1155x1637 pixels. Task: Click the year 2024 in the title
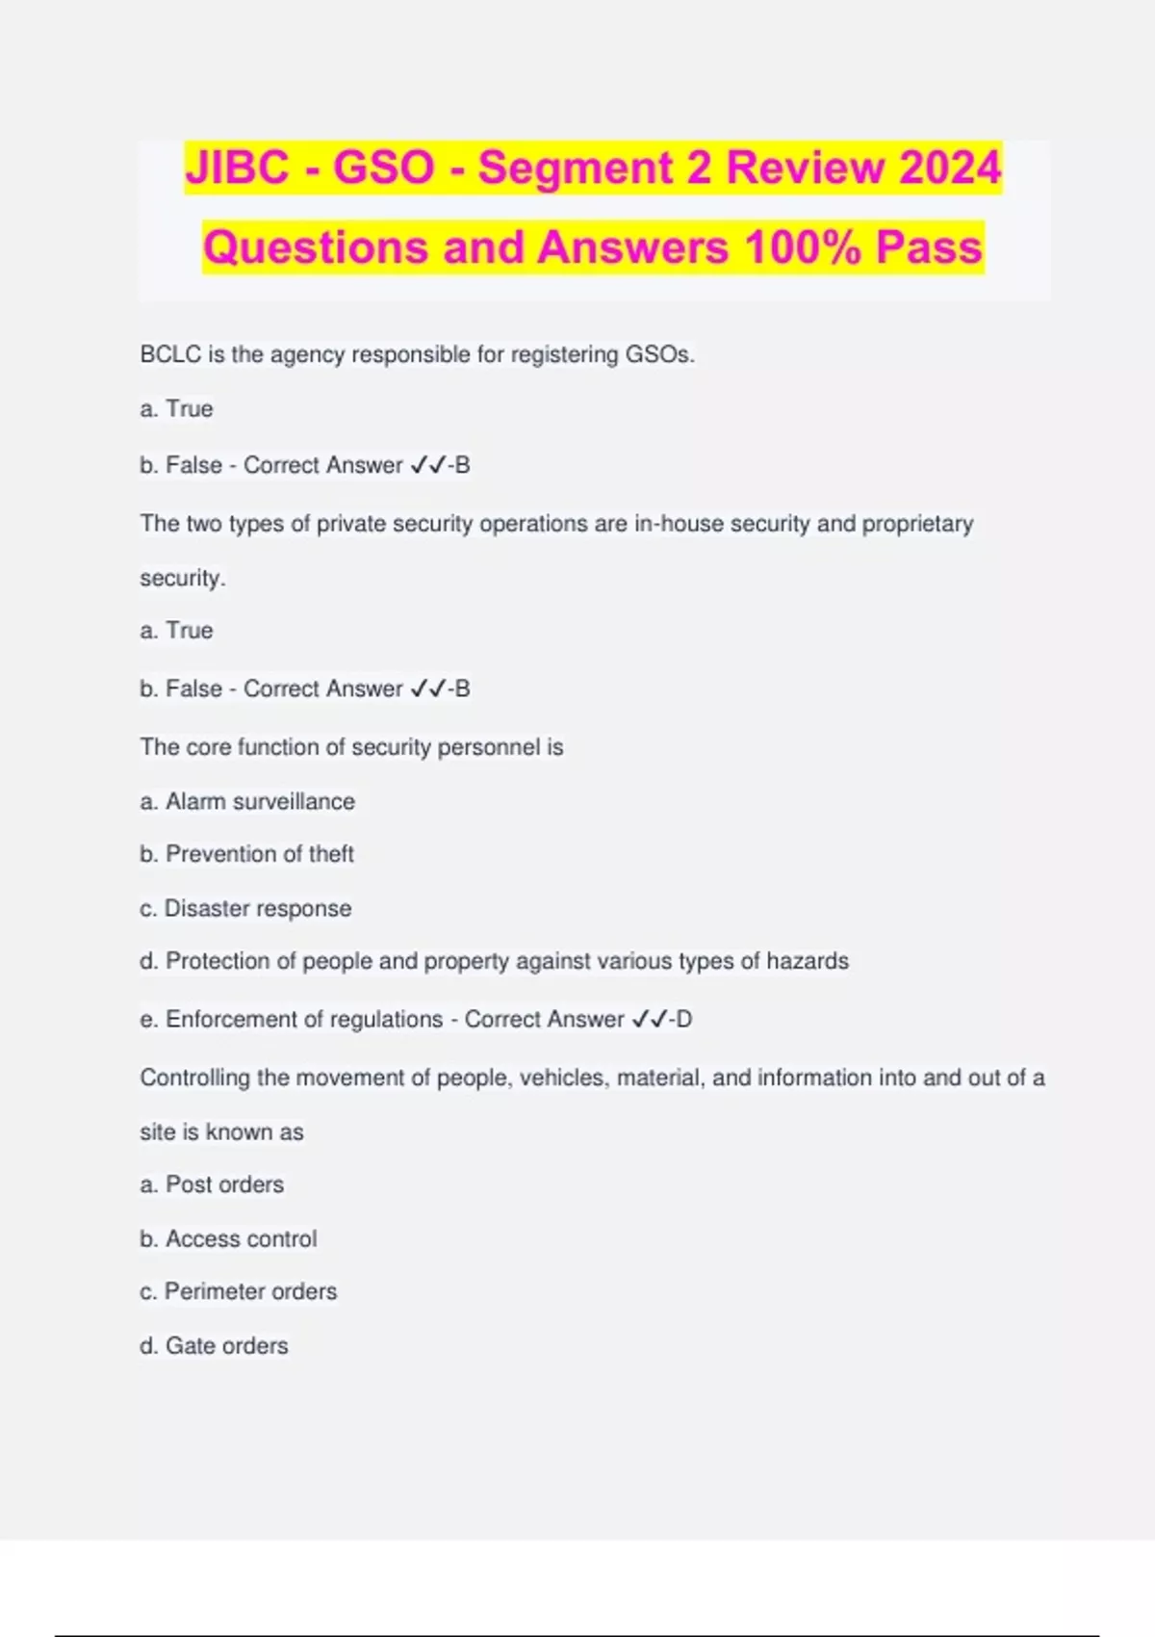950,168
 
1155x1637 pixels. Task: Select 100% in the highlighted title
803,247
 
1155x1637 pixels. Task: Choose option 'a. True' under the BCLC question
176,409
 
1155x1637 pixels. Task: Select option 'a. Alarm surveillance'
247,801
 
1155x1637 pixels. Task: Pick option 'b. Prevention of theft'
247,854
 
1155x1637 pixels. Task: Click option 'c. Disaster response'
245,908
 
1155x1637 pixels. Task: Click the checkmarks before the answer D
648,1020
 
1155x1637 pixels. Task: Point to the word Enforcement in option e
223,1020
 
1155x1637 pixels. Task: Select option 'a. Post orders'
212,1184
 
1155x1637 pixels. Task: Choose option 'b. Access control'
228,1238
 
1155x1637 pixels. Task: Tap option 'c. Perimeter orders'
239,1291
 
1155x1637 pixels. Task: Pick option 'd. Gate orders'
214,1345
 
